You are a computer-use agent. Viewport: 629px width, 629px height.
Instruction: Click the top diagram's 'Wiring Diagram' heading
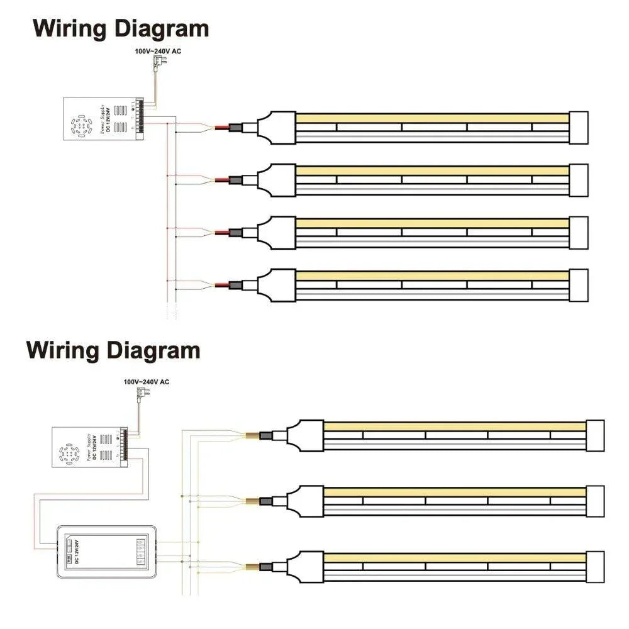pos(121,29)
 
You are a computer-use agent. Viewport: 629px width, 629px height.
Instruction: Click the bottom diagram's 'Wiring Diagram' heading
pos(113,350)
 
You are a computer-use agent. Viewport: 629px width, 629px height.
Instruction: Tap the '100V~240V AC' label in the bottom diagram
pos(146,382)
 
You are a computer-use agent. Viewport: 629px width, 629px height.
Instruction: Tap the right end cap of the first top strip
pos(578,127)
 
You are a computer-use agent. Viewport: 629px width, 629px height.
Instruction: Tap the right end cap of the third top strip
pos(578,232)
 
